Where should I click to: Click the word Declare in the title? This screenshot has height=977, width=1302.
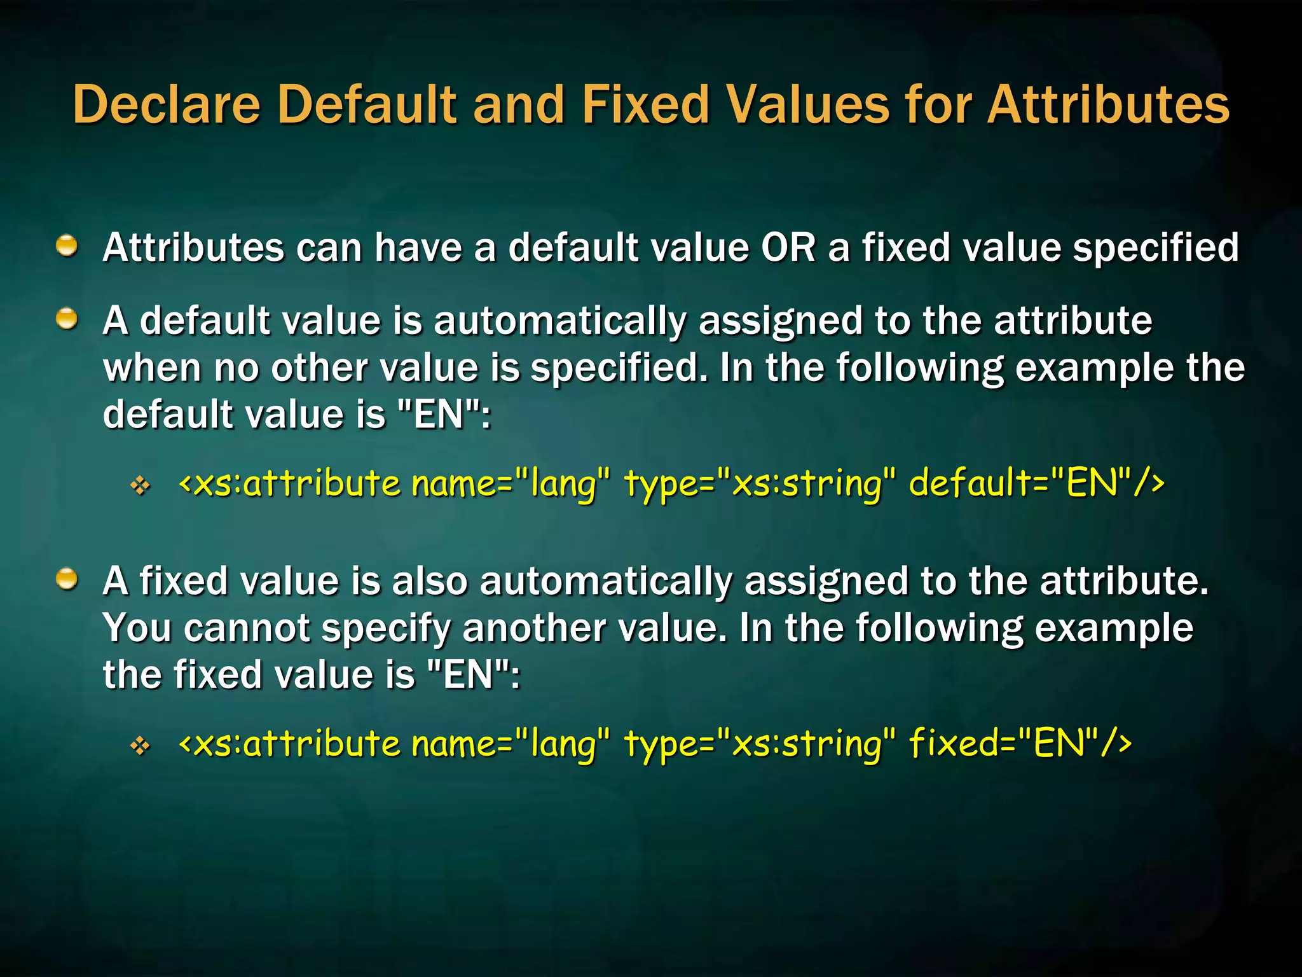pyautogui.click(x=167, y=104)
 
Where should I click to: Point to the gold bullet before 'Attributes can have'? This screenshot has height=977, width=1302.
pyautogui.click(x=66, y=246)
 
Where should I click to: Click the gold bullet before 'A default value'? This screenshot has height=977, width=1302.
pyautogui.click(x=66, y=319)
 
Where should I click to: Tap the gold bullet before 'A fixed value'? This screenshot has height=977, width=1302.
pyautogui.click(x=66, y=579)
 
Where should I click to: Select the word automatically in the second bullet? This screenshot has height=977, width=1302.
pyautogui.click(x=559, y=321)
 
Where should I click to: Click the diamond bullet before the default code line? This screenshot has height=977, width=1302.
pyautogui.click(x=140, y=487)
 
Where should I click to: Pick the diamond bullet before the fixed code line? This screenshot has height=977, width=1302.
pyautogui.click(x=140, y=745)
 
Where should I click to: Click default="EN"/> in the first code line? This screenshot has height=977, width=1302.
pyautogui.click(x=1036, y=483)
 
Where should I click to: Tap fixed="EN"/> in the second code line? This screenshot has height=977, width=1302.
pyautogui.click(x=1020, y=743)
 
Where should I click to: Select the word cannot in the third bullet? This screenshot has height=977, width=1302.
pyautogui.click(x=247, y=628)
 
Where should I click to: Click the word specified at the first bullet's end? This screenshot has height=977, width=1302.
pyautogui.click(x=1156, y=248)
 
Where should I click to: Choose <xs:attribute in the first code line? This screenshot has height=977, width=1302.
pyautogui.click(x=290, y=483)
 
